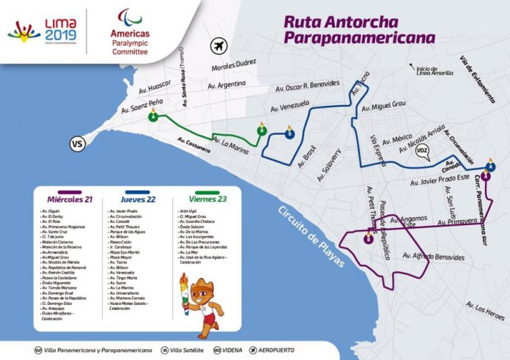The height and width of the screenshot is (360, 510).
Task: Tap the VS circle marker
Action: point(76,144)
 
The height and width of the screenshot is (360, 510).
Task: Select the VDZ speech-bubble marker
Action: point(422,153)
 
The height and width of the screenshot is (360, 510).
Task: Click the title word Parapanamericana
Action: point(359,37)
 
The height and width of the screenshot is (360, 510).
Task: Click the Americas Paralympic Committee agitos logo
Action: point(130,19)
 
